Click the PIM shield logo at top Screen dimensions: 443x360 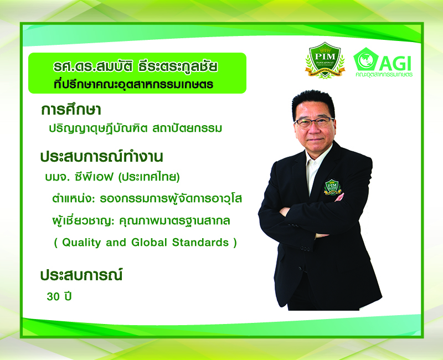point(325,60)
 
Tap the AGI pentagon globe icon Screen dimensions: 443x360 point(365,59)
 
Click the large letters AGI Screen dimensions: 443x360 point(395,63)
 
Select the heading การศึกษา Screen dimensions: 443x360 point(71,110)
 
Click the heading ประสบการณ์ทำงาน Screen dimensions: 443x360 point(102,157)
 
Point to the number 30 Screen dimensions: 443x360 point(53,296)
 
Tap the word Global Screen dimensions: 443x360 point(149,243)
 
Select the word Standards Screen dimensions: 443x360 point(200,243)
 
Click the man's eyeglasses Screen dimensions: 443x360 point(313,122)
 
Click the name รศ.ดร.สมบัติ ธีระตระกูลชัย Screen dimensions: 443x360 point(136,66)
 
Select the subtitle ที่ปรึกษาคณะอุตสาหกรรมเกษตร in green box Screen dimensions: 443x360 point(133,84)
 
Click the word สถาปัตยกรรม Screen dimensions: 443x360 point(187,128)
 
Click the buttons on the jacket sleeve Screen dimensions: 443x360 point(305,249)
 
